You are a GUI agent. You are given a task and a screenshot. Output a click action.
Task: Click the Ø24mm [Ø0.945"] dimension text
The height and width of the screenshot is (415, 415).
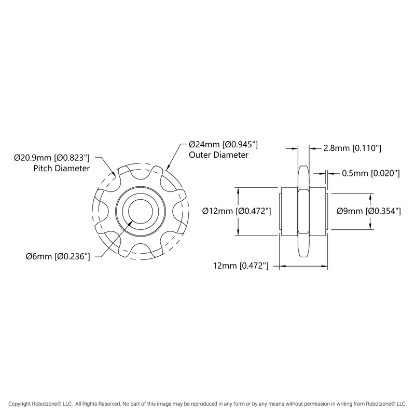click(223, 144)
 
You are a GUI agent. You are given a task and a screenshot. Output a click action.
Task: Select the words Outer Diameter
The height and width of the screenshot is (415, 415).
click(218, 155)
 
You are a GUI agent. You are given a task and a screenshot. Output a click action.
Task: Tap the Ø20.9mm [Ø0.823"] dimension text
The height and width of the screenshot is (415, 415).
click(52, 157)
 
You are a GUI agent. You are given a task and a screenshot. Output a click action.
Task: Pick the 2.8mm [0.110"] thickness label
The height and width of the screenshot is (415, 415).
click(352, 148)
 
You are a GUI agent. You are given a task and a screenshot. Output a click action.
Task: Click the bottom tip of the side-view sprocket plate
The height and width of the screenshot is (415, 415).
click(303, 258)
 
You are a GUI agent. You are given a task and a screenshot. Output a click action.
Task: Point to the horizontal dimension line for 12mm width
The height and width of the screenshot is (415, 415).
click(303, 267)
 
